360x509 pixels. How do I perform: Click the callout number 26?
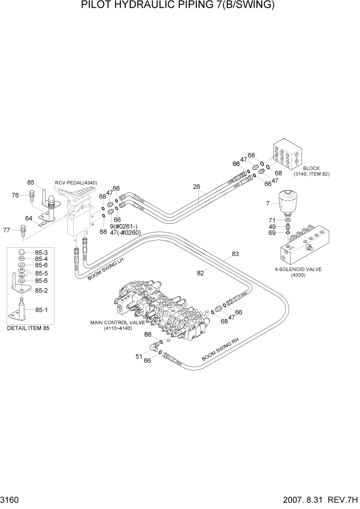[x=196, y=187]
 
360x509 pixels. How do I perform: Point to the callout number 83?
[x=235, y=253]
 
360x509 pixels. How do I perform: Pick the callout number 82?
[x=201, y=273]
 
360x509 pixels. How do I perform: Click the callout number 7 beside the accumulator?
[x=267, y=205]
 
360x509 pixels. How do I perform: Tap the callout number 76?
[x=15, y=195]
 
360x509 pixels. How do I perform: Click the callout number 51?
[x=138, y=355]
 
